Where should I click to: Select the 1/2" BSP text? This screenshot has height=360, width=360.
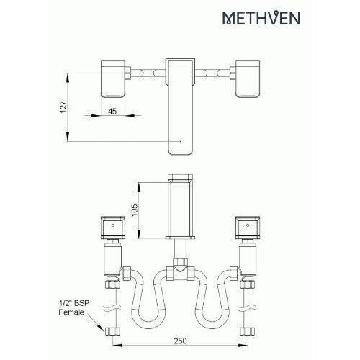70,305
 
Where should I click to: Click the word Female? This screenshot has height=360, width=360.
70,315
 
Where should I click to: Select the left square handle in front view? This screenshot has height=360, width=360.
111,228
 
